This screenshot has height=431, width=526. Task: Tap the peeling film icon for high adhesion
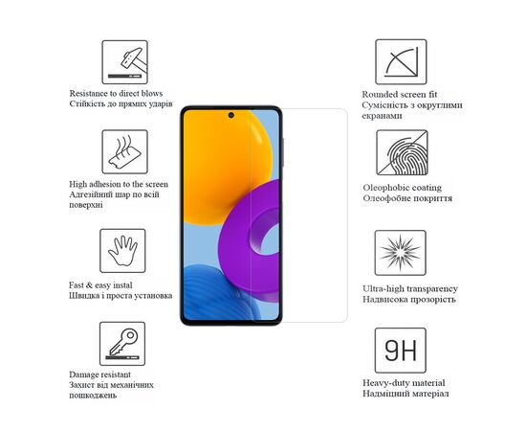tap(124, 152)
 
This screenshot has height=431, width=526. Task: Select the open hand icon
tap(124, 251)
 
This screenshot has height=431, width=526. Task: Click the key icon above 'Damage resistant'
tap(124, 344)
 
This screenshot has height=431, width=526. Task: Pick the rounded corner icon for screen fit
tap(401, 62)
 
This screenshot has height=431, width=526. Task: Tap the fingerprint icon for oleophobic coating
tap(401, 152)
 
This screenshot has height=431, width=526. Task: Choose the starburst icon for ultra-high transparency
tap(401, 251)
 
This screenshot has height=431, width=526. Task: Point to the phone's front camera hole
tap(232, 116)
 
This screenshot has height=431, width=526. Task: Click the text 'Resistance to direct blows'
tap(115, 93)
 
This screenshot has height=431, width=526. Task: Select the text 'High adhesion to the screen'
tap(119, 183)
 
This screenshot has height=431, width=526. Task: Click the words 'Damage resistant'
tap(101, 374)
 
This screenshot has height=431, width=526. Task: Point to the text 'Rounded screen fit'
tap(399, 94)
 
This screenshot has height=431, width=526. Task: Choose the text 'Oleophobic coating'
tap(402, 188)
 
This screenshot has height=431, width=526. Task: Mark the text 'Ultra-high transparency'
tap(410, 288)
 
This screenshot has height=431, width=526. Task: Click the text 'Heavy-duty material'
tap(403, 382)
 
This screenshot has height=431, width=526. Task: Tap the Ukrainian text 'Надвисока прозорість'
tap(406, 299)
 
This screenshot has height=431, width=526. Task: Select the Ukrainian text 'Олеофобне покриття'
tap(407, 198)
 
